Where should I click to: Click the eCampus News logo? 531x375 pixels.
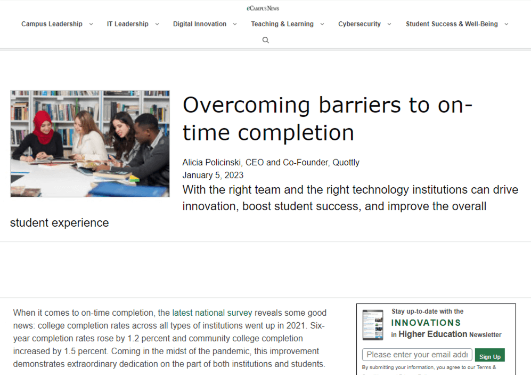click(x=263, y=8)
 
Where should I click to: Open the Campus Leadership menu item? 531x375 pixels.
click(x=52, y=24)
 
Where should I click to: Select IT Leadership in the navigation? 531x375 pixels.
click(x=127, y=24)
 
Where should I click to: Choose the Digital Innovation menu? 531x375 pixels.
click(x=200, y=24)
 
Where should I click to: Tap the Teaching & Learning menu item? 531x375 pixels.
click(x=282, y=24)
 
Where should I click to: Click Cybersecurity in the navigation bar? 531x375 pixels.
click(x=360, y=24)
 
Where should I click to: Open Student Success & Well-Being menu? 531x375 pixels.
click(x=452, y=24)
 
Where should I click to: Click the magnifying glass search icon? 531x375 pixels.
click(x=266, y=40)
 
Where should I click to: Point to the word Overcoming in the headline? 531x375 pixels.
click(x=246, y=105)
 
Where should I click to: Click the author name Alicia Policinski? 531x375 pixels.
click(x=211, y=162)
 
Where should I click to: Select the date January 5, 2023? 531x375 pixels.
click(x=213, y=175)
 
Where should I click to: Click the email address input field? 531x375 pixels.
click(x=417, y=355)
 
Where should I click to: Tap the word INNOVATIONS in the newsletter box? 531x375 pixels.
click(x=426, y=323)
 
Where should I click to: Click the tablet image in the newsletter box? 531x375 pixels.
click(x=373, y=325)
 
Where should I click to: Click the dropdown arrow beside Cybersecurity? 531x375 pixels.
click(x=389, y=24)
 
